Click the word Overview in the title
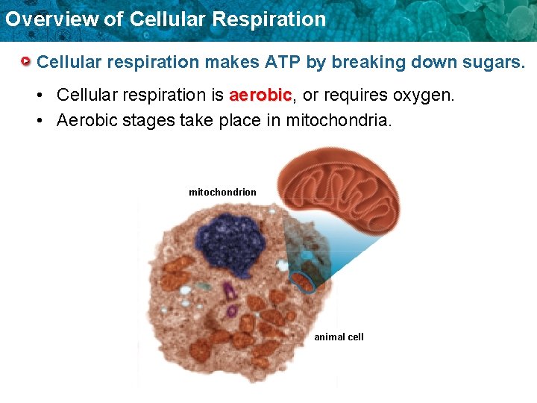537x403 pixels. point(51,19)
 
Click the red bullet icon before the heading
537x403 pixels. point(27,61)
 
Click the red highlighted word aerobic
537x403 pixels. point(260,96)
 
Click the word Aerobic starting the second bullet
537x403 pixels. point(87,120)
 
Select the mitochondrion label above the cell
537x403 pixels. point(222,193)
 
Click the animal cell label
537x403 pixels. point(339,337)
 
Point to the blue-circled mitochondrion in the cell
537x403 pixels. point(303,282)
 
